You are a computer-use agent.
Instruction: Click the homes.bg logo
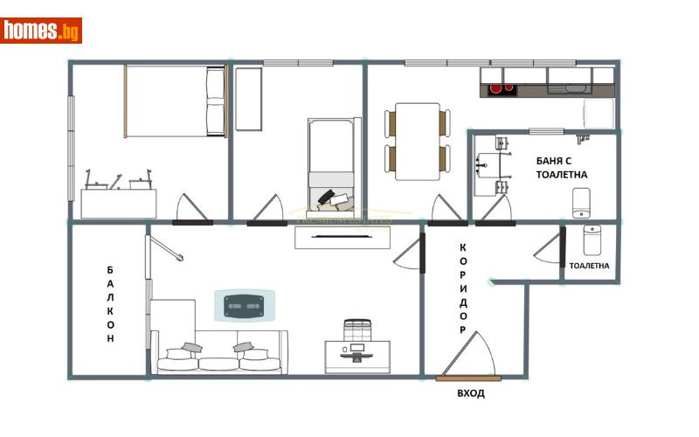41,31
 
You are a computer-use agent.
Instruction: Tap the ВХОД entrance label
471,393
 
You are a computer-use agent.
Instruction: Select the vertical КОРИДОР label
463,288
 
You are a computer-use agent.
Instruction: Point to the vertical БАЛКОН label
110,304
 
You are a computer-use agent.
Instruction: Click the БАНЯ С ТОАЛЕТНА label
561,168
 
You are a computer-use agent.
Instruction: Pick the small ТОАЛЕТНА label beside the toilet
589,266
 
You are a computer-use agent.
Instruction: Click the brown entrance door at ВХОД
468,378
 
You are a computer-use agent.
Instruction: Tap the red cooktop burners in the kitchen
502,88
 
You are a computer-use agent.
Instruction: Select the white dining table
418,142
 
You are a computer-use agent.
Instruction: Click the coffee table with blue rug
245,305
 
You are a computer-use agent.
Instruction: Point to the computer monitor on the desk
357,347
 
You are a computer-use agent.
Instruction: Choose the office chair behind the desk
357,329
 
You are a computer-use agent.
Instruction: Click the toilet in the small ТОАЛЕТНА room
592,239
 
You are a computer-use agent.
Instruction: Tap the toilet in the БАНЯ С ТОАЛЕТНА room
581,203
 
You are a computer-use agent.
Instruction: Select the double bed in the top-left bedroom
176,101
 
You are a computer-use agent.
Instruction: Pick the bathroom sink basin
488,165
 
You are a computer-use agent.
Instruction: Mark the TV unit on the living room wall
343,237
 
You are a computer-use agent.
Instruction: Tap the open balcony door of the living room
165,248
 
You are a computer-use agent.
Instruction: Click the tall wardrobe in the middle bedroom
248,99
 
